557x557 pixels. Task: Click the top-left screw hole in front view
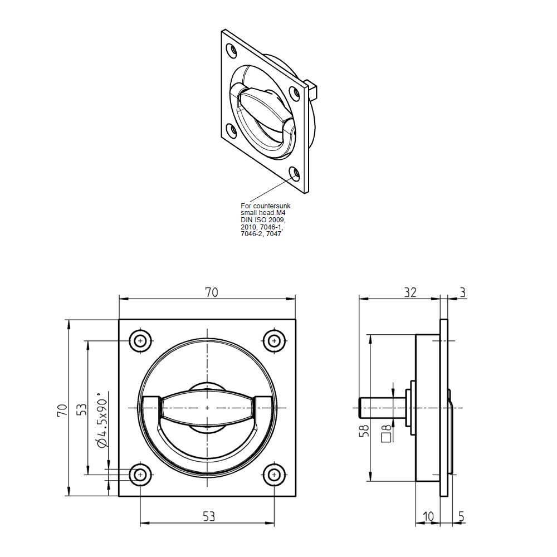140,341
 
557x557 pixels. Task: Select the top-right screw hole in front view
273,341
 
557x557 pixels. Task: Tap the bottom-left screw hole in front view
140,475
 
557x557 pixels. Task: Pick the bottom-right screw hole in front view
273,475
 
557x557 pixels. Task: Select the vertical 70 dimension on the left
62,411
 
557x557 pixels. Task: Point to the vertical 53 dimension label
81,409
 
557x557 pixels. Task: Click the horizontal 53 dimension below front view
208,517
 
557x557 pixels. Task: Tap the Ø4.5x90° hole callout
101,422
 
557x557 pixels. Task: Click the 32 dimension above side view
410,292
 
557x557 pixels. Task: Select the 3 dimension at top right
463,292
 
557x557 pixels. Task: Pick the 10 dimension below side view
428,517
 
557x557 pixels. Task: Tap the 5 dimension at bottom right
461,517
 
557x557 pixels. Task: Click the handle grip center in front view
207,408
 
